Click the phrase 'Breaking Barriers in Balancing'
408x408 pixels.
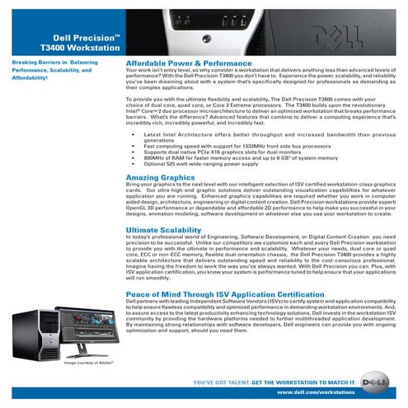click(x=49, y=63)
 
